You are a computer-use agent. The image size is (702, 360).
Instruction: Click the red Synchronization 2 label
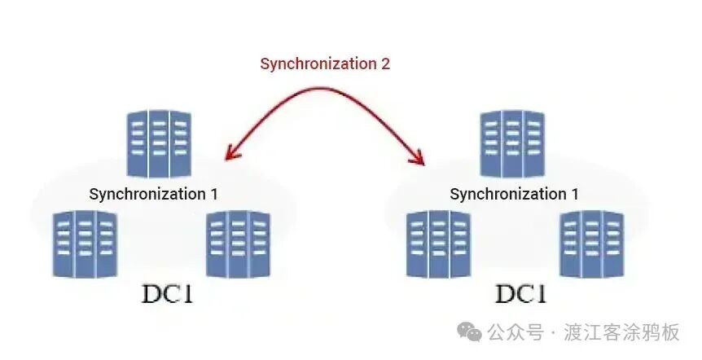coord(325,64)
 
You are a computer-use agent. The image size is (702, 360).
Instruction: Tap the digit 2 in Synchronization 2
coord(385,64)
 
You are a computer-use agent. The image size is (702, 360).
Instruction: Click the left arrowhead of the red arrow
coord(230,151)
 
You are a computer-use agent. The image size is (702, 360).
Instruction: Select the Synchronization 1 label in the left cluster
coord(153,194)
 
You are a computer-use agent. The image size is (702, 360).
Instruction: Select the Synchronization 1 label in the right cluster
coord(514,194)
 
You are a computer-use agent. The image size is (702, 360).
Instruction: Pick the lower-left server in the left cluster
coord(85,244)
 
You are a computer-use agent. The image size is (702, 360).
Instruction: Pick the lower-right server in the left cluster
coord(238,244)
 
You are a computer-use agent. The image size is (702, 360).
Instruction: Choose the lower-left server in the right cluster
coord(439,244)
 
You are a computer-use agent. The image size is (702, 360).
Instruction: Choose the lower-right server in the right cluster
coord(591,244)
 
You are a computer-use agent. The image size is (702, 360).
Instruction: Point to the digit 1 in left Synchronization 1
coord(213,194)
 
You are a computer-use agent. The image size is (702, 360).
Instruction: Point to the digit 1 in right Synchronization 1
coord(574,194)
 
